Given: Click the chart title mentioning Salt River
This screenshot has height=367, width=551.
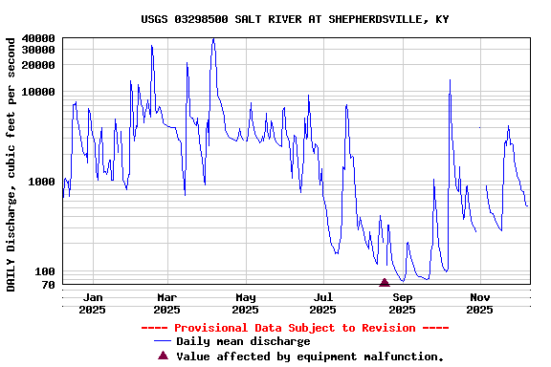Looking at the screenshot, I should pos(295,19).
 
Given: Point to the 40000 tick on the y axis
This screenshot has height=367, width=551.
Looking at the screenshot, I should pos(38,38).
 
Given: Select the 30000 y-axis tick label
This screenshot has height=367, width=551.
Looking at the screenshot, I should pos(38,50).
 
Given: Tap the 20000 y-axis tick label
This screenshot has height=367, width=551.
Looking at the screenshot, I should pos(38,65).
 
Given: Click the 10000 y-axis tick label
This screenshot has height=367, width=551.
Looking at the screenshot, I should pos(38,92).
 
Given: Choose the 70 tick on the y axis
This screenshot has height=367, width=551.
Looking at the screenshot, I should pos(48,285).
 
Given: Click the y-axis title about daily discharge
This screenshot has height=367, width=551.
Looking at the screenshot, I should pos(11,163).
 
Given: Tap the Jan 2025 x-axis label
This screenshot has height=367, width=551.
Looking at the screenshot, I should pos(92,303).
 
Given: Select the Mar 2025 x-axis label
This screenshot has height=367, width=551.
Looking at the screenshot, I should pos(166,303).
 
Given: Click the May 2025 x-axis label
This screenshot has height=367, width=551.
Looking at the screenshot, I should pos(245,303).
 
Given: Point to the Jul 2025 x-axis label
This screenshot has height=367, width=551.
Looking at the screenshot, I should pos(323,303).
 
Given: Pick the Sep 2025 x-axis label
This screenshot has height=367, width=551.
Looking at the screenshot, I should pos(402,303).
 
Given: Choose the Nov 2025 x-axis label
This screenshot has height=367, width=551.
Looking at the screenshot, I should pos(479,303).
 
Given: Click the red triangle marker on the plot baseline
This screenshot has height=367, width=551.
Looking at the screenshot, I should pos(385,282).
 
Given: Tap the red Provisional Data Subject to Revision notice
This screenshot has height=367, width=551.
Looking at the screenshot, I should pos(295,328).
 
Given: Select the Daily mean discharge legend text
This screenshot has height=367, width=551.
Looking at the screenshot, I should pos(243,341).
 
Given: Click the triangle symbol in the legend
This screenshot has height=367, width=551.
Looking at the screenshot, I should pos(163,356).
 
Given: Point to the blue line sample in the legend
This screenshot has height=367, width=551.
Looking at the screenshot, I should pos(163,341).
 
